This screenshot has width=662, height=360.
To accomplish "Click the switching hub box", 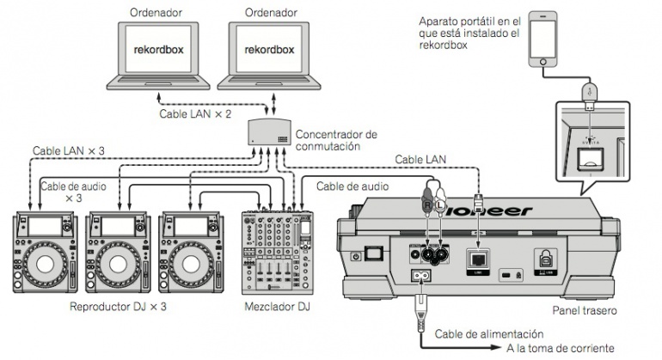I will pyautogui.click(x=268, y=131).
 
